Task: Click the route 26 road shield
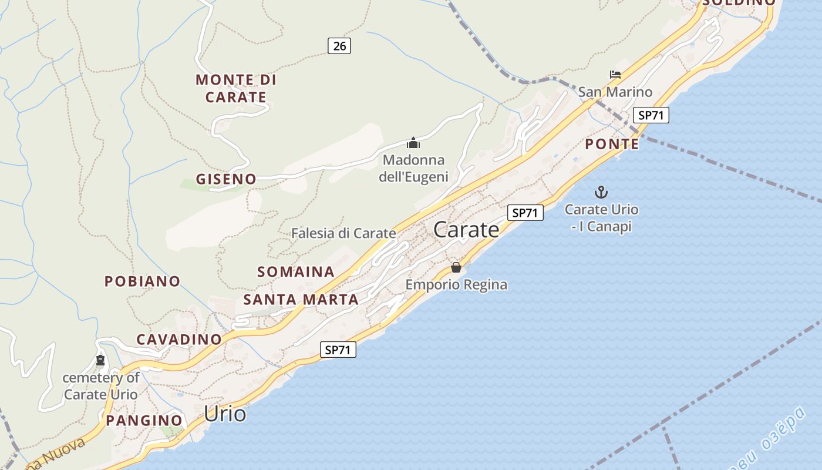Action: (x=339, y=45)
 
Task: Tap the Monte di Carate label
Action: (x=236, y=88)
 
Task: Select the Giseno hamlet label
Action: (x=226, y=179)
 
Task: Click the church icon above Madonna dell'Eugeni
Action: (x=413, y=143)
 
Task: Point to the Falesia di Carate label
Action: (x=343, y=233)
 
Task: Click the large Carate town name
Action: (x=466, y=230)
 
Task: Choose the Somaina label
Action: (x=296, y=272)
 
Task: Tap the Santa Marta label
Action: (x=301, y=300)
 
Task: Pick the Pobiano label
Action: (x=142, y=281)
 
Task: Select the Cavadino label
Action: (x=179, y=339)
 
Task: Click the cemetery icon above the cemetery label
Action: (x=100, y=360)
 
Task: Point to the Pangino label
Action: (x=144, y=421)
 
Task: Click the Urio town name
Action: (x=225, y=414)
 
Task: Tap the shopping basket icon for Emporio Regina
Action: (x=456, y=267)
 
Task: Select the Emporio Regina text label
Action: (x=456, y=285)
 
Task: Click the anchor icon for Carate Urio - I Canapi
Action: (x=601, y=192)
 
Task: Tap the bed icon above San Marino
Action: (x=615, y=75)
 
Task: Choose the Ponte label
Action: (x=612, y=144)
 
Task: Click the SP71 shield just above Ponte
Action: (x=651, y=115)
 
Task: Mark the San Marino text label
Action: (x=615, y=92)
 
